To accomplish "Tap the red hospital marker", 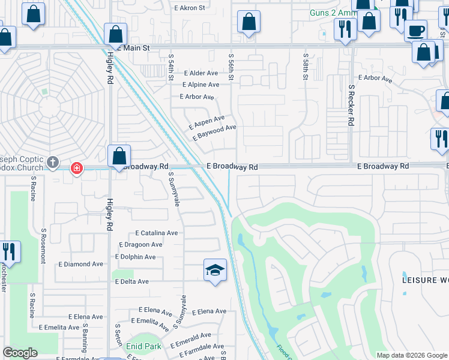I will click(76, 168).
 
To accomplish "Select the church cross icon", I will click(53, 161).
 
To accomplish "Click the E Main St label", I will click(135, 47).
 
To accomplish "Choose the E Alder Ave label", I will click(201, 73).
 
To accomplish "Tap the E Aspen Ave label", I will click(206, 122).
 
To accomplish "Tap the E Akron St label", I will click(190, 8).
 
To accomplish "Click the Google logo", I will click(20, 353).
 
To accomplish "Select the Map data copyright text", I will click(411, 355).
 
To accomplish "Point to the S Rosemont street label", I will click(43, 246).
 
